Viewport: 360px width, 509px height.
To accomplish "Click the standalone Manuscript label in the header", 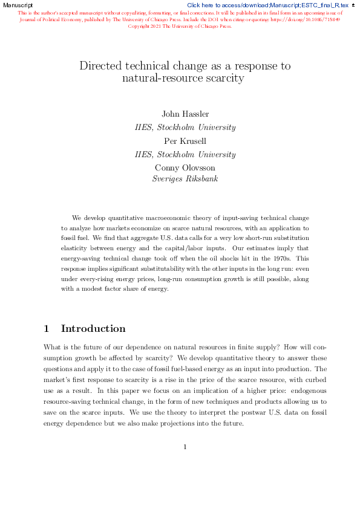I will [x=18, y=4].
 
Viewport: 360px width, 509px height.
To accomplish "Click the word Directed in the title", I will [x=100, y=66].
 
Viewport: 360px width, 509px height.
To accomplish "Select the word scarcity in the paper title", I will [x=225, y=78].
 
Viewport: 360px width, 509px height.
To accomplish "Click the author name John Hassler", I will [x=185, y=114].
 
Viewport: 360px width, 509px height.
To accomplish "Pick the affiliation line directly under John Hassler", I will [x=185, y=127].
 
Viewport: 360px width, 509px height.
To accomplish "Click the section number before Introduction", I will [x=47, y=329].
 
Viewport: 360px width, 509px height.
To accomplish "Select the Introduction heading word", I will [x=93, y=329].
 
